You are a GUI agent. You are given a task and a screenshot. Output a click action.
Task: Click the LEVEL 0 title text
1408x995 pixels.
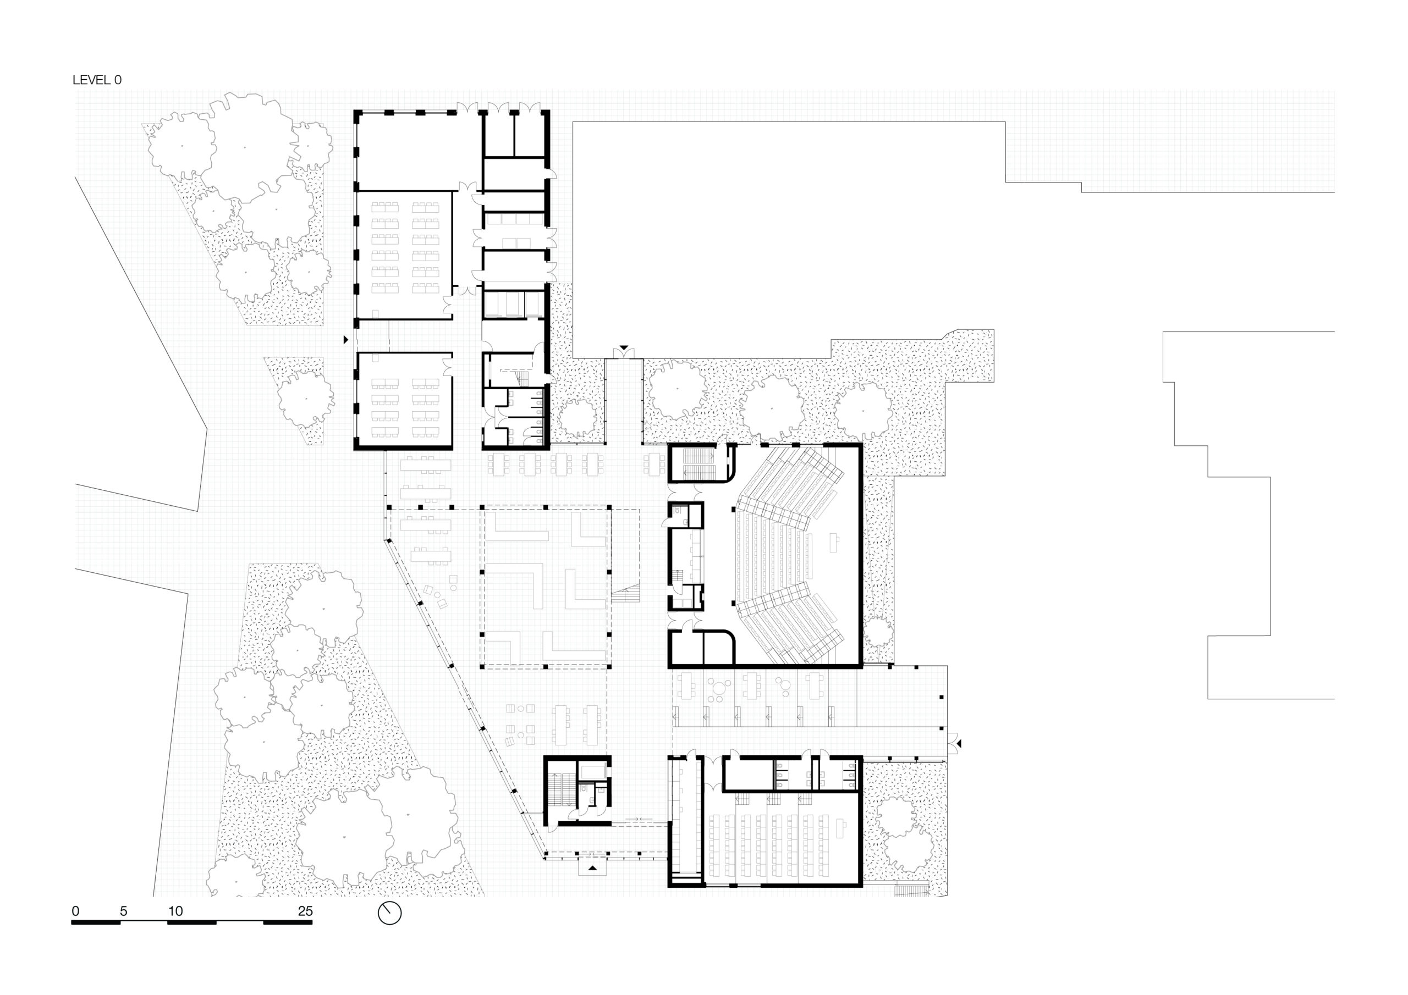coord(97,80)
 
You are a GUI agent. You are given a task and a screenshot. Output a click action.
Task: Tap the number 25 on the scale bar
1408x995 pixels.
coord(305,911)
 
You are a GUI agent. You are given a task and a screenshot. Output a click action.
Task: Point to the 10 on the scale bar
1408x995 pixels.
coord(175,911)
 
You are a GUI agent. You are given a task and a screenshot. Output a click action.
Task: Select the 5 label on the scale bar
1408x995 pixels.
coord(123,911)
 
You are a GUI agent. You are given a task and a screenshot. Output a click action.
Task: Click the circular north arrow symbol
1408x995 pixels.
coord(389,913)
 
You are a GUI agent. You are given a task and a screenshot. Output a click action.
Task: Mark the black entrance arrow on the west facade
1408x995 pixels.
coord(346,339)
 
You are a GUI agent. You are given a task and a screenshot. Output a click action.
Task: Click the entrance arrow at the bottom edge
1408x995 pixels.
coord(592,868)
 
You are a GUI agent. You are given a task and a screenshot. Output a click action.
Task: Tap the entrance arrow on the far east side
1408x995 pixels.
coord(959,744)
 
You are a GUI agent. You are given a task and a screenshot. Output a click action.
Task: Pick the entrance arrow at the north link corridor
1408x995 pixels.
coord(624,347)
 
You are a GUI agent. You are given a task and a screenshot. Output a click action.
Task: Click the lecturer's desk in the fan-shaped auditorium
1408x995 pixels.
coord(834,543)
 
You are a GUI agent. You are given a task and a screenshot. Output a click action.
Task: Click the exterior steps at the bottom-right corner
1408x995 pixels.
coord(913,891)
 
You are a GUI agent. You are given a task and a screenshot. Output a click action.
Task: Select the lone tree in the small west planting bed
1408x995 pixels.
coord(306,399)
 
